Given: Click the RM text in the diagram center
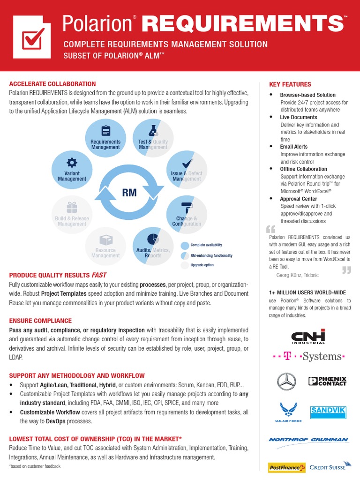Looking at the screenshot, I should pos(129,193).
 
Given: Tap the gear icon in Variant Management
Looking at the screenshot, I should pos(72,162).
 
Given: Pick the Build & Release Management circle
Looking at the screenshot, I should pos(72,216).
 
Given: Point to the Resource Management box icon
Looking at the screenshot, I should pos(106,240).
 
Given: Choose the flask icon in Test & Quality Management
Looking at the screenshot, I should pos(152,130).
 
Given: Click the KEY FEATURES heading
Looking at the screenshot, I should pos(290,84).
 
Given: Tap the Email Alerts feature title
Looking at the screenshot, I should pos(294,147).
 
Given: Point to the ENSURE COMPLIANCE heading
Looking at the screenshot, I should pos(40,321).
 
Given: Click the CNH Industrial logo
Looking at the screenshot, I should pos(308,337).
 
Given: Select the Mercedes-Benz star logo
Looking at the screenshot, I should pos(286,382).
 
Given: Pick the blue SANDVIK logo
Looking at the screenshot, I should pos(328,412).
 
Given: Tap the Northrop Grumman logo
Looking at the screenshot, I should pos(308,440).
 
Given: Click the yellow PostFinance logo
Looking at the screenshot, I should pos(286,467).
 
